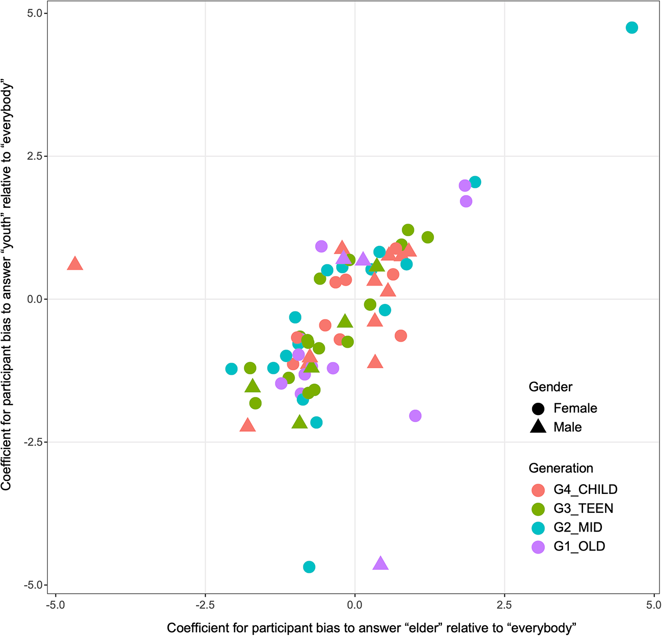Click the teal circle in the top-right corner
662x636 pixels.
[631, 27]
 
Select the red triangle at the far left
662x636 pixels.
[75, 264]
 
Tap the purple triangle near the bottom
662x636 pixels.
[380, 563]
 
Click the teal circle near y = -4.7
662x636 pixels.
[309, 567]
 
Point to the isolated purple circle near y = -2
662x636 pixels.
[415, 416]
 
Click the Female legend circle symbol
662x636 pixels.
[538, 408]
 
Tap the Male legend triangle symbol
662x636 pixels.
[538, 427]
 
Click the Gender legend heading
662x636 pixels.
[550, 387]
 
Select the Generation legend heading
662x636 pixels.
[561, 468]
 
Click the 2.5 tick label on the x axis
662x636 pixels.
[504, 605]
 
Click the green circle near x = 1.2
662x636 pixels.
[428, 237]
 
